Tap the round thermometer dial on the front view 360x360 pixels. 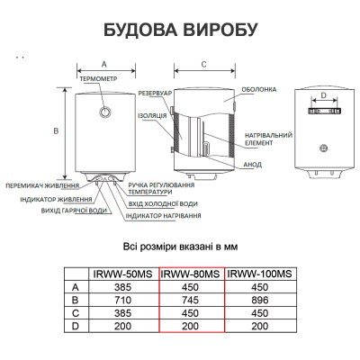pos(105,112)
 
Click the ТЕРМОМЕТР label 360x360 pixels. pos(98,79)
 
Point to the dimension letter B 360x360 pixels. pos(56,131)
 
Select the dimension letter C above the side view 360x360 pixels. pos(204,64)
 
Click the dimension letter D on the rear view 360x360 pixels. pos(323,95)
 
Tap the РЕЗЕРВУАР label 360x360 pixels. pos(155,94)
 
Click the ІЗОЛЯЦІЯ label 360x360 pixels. pos(152,116)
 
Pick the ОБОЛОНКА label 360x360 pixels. pos(259,90)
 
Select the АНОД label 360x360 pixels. pos(252,165)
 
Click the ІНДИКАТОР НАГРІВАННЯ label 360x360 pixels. pos(163,216)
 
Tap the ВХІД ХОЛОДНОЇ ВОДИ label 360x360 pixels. pos(163,204)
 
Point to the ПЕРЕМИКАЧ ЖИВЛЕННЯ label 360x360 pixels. pos(42,186)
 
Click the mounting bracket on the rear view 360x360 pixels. pos(324,111)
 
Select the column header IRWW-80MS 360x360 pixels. pos(191,274)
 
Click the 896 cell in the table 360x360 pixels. pos(260,300)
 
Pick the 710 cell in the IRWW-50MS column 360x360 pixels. pos(122,300)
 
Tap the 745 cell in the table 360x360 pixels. pos(190,300)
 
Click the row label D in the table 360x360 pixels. pos(76,326)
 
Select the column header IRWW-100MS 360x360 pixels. pos(259,274)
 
